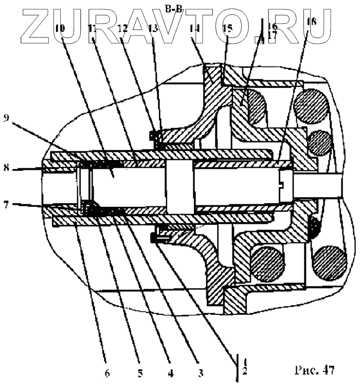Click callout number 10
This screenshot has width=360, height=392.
61,29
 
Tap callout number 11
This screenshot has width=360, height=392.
93,29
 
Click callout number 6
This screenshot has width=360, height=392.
106,373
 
